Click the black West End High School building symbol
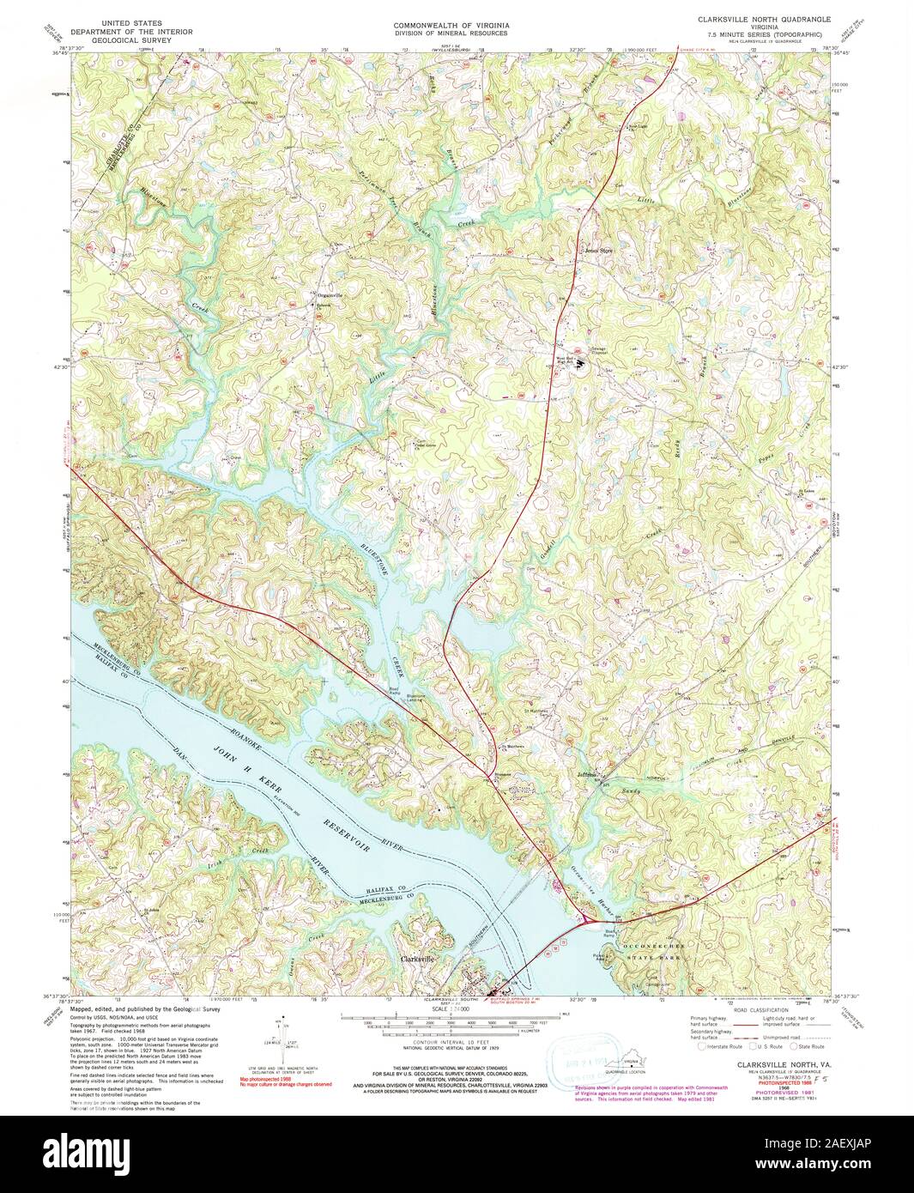[580, 364]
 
